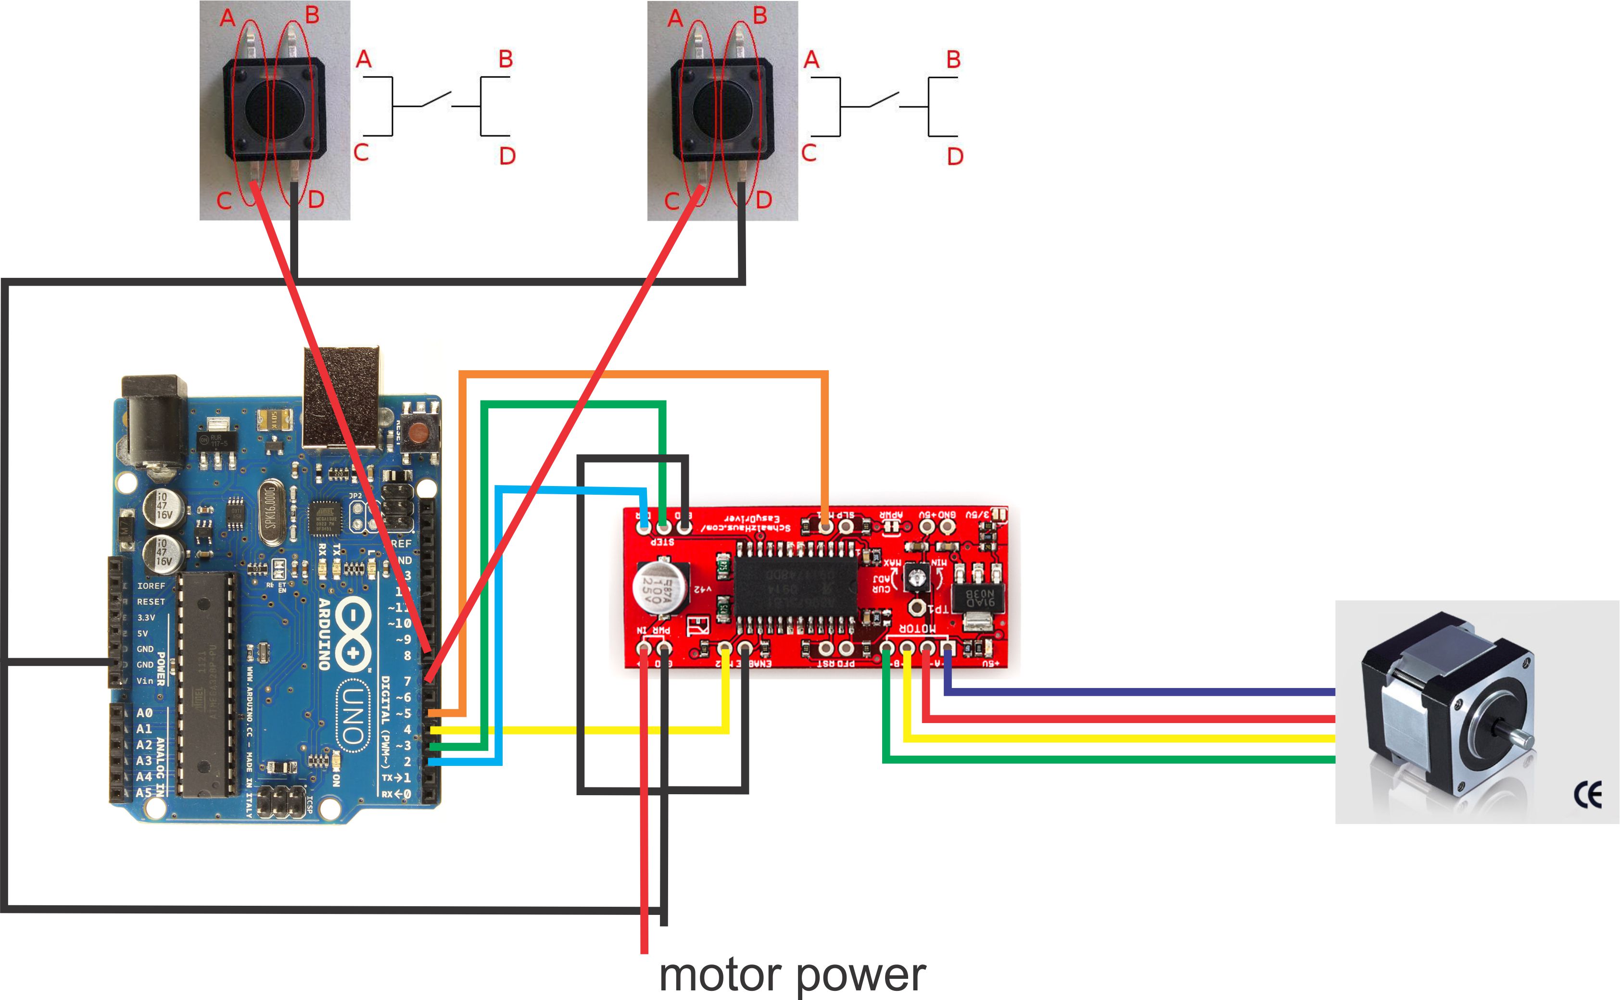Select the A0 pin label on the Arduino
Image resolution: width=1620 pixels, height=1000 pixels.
pyautogui.click(x=144, y=713)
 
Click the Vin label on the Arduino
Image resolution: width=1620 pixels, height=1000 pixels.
pyautogui.click(x=144, y=681)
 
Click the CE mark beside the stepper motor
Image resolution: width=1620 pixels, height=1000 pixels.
pyautogui.click(x=1588, y=795)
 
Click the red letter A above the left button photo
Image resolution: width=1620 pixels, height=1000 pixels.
pyautogui.click(x=228, y=18)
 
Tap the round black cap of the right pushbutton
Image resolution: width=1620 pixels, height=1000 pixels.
pyautogui.click(x=722, y=108)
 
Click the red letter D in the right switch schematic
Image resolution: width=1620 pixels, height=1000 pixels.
pyautogui.click(x=954, y=157)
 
